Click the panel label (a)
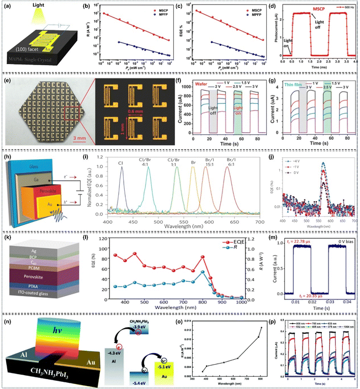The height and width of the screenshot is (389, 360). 9,7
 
